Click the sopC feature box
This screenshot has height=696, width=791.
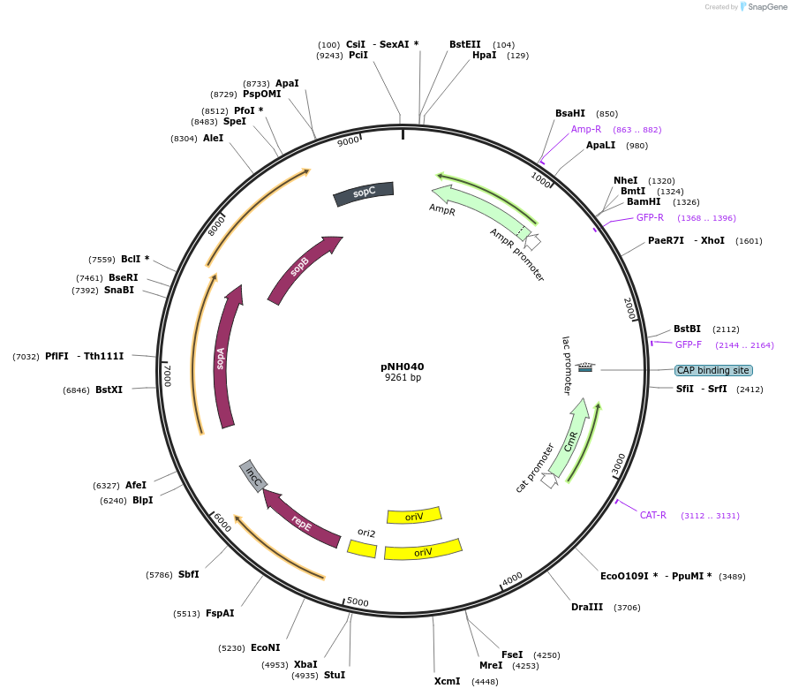[364, 193]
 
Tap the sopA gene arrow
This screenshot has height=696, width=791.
[223, 357]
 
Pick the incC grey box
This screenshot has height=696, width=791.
[254, 477]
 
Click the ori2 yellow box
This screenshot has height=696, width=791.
[362, 548]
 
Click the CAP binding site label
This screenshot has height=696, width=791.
[712, 371]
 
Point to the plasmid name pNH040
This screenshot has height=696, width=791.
[403, 367]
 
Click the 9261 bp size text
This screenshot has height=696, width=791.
[403, 378]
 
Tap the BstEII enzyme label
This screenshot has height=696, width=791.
[465, 44]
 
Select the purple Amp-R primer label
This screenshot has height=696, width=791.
[586, 129]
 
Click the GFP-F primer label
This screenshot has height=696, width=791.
[689, 344]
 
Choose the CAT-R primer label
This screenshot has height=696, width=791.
[653, 515]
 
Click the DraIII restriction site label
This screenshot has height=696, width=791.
[587, 608]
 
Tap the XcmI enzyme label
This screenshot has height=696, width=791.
[448, 681]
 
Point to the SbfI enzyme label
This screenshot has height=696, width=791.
[188, 574]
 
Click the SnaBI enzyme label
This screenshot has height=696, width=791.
[119, 290]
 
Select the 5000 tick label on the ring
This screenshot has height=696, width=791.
[358, 602]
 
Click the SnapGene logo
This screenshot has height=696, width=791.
[761, 7]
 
